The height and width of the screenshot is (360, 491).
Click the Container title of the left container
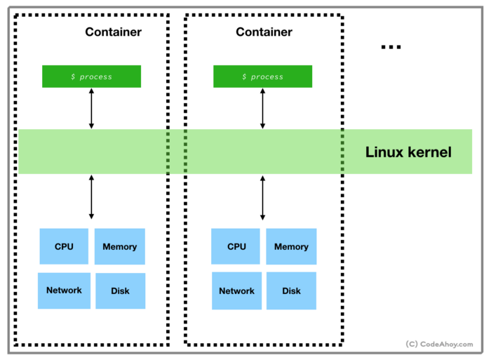pyautogui.click(x=113, y=32)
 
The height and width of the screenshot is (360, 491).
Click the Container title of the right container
pyautogui.click(x=264, y=32)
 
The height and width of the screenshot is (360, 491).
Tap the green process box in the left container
pyautogui.click(x=91, y=76)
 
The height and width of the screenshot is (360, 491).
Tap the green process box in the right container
pyautogui.click(x=262, y=76)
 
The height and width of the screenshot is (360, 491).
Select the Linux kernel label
pyautogui.click(x=408, y=152)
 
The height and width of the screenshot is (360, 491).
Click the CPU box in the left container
pyautogui.click(x=64, y=246)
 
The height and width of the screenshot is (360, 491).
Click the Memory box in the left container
pyautogui.click(x=119, y=246)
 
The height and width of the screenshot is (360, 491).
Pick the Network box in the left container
pyautogui.click(x=64, y=291)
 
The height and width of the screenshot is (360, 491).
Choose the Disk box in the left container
pyautogui.click(x=120, y=291)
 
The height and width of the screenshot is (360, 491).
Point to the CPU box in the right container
pyautogui.click(x=236, y=246)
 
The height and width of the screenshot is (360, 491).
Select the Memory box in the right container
pyautogui.click(x=291, y=246)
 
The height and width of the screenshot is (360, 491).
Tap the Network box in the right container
pyautogui.click(x=236, y=291)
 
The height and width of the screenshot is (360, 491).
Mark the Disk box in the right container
pyautogui.click(x=291, y=291)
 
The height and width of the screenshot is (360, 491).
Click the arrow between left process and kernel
pyautogui.click(x=91, y=109)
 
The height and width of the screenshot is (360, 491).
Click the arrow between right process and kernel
pyautogui.click(x=262, y=109)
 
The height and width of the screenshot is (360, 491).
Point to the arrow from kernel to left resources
pyautogui.click(x=91, y=197)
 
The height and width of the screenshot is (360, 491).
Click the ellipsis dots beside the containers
pyautogui.click(x=391, y=47)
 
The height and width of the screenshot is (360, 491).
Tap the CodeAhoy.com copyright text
pyautogui.click(x=439, y=345)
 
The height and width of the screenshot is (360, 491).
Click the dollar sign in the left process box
pyautogui.click(x=73, y=76)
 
